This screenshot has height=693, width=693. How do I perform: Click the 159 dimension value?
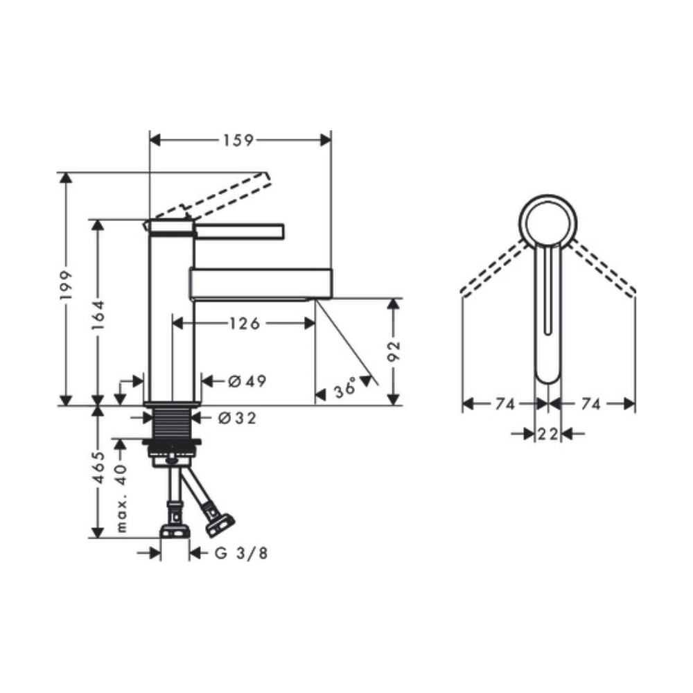point(238,141)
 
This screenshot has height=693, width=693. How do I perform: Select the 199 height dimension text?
point(67,286)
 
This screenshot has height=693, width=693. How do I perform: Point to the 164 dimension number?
point(98,315)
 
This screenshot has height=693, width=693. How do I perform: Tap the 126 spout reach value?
point(245,324)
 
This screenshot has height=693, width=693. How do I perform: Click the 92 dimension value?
point(394,351)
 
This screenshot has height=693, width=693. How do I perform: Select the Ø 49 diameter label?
point(247,381)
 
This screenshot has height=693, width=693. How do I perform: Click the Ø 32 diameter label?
point(237,418)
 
